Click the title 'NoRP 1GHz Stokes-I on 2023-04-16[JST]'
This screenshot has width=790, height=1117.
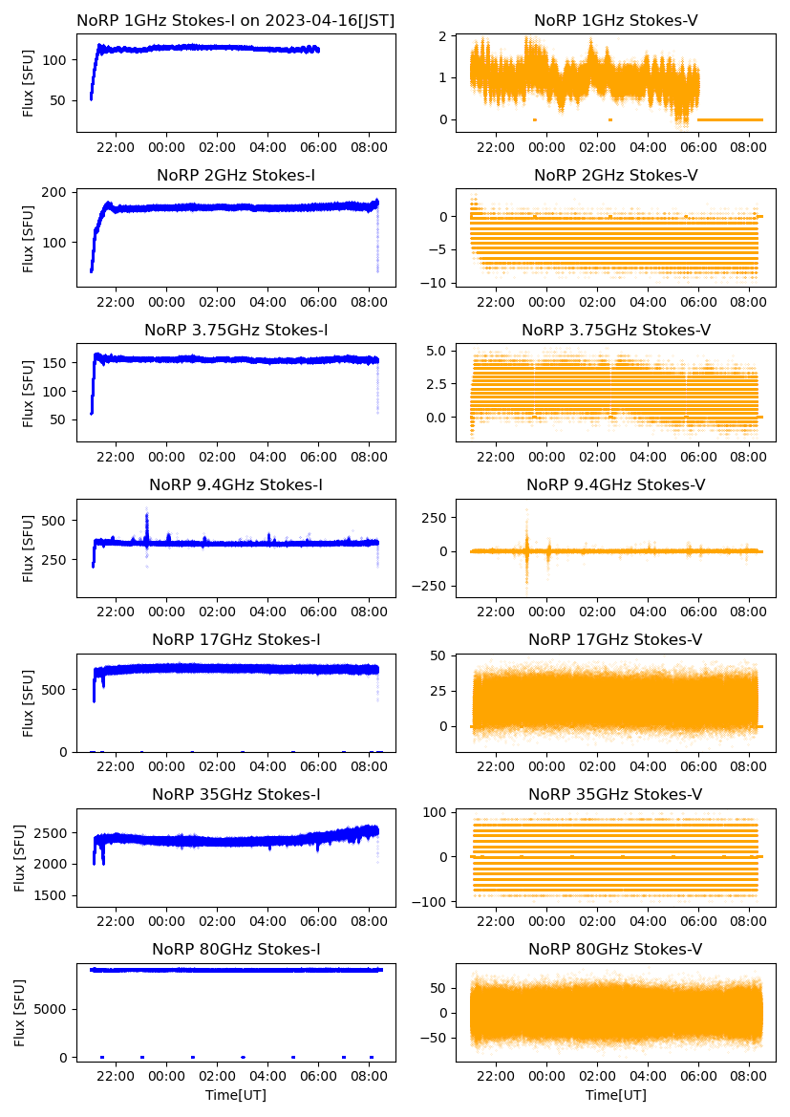(x=236, y=20)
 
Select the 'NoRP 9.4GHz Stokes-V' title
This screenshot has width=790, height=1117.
(x=615, y=484)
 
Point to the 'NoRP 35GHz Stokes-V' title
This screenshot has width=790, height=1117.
(x=615, y=794)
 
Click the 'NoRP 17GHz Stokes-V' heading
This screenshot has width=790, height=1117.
(x=615, y=639)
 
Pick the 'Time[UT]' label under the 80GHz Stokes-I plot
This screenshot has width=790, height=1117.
(x=236, y=1094)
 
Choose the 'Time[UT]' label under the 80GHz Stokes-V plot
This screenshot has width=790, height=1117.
(x=615, y=1094)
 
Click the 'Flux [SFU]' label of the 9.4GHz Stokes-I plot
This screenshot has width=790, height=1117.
(x=29, y=548)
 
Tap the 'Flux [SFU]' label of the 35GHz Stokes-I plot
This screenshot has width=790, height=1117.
(x=20, y=857)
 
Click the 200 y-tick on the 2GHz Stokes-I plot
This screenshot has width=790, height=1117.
(x=57, y=192)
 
